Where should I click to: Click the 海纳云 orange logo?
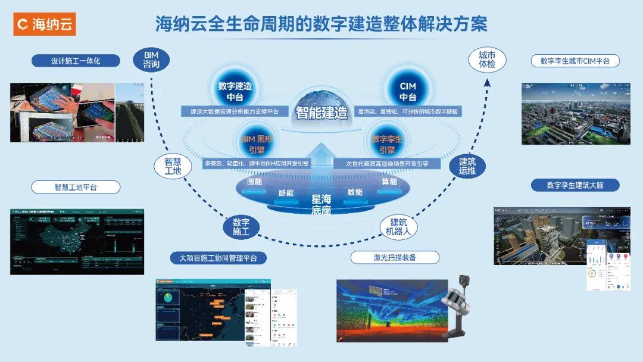pos(44,24)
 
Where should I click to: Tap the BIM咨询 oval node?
pos(151,60)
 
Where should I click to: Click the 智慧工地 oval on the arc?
pos(172,166)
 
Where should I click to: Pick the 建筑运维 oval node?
pos(467,166)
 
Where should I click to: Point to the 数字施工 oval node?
pos(241,227)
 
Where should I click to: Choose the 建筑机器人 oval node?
pos(399,227)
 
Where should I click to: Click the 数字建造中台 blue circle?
pos(235,91)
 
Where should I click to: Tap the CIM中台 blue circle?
pos(407,91)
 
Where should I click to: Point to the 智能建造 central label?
pos(321,112)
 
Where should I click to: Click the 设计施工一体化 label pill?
pos(76,61)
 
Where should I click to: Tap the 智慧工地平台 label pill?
pos(76,187)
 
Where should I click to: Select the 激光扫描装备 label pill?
pos(395,257)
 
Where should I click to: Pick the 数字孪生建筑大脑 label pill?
pos(575,185)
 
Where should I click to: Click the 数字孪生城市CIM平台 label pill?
pos(575,61)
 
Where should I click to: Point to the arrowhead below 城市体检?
pos(486,82)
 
